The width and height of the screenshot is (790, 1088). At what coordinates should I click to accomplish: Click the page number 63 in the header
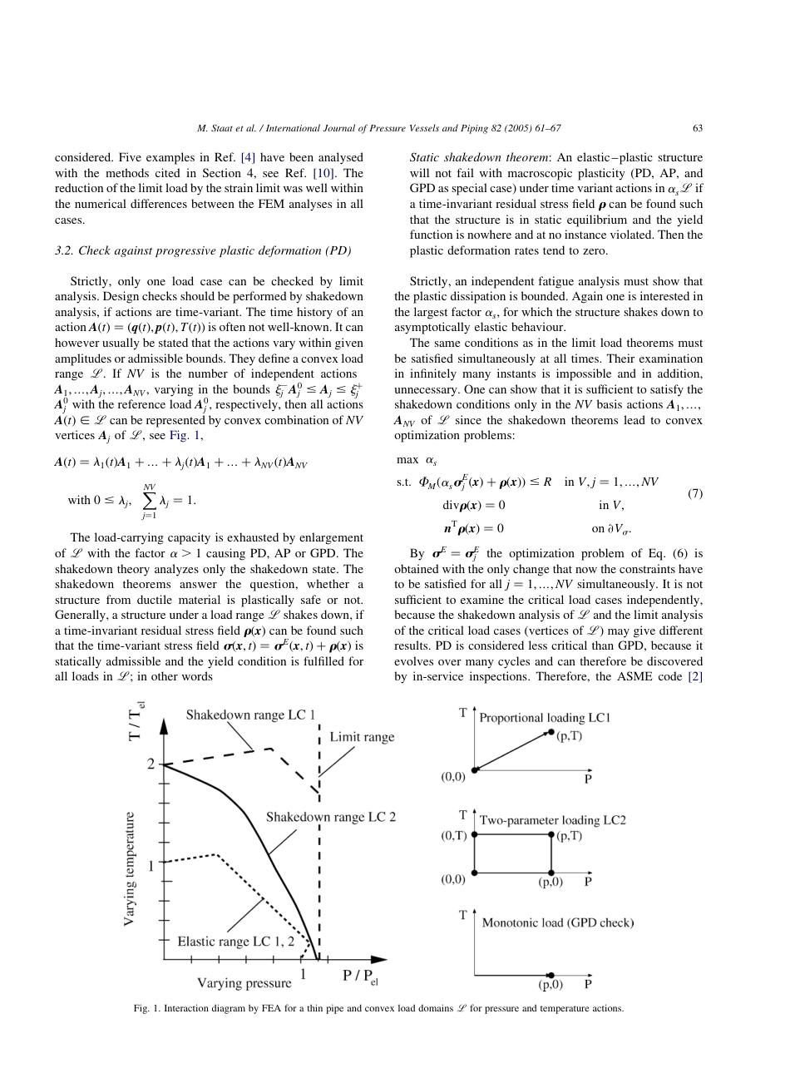(x=697, y=128)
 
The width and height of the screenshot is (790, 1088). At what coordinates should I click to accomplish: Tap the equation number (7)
(x=695, y=493)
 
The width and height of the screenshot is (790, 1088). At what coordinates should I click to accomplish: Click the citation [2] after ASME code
(x=694, y=676)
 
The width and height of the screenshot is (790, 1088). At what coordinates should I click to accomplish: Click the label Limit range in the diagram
(x=362, y=736)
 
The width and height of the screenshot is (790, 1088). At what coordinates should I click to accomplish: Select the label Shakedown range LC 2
(x=330, y=816)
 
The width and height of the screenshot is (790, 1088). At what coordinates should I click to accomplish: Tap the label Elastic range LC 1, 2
(x=236, y=942)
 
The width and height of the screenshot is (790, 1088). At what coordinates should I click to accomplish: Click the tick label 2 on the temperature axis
(x=151, y=764)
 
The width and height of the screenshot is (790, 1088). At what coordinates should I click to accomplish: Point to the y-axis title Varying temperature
(x=131, y=868)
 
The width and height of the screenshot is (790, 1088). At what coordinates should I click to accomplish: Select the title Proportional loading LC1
(x=545, y=717)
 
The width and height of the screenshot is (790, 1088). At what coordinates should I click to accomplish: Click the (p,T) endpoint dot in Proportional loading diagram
(x=551, y=732)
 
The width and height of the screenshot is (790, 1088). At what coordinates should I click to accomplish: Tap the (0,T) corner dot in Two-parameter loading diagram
(x=474, y=833)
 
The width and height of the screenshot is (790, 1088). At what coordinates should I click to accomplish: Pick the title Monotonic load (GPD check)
(x=557, y=922)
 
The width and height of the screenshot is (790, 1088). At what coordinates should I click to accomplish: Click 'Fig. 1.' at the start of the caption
(x=148, y=1008)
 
